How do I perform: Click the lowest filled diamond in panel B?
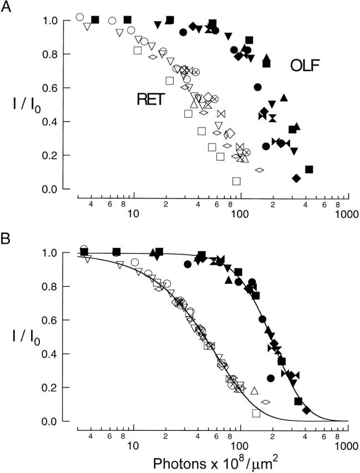306,410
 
